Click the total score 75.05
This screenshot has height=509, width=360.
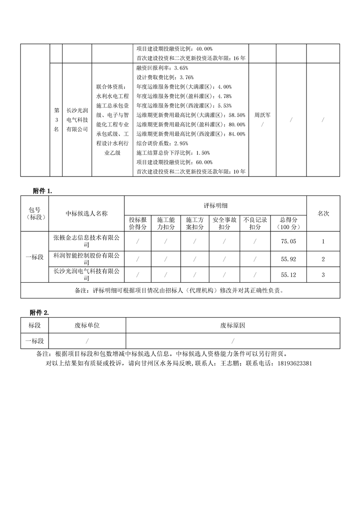tap(288, 242)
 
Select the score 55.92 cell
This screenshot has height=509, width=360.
tap(288, 259)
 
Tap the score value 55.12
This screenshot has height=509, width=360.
tap(288, 274)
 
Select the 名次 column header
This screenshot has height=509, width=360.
tap(323, 213)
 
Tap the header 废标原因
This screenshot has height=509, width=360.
tap(233, 325)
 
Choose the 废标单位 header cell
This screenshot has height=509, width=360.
tap(87, 325)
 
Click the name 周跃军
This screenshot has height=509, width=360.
tap(262, 115)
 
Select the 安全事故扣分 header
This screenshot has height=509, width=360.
tap(223, 223)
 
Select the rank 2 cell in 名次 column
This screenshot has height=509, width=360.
tap(323, 259)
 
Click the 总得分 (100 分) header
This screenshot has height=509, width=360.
tap(288, 223)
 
